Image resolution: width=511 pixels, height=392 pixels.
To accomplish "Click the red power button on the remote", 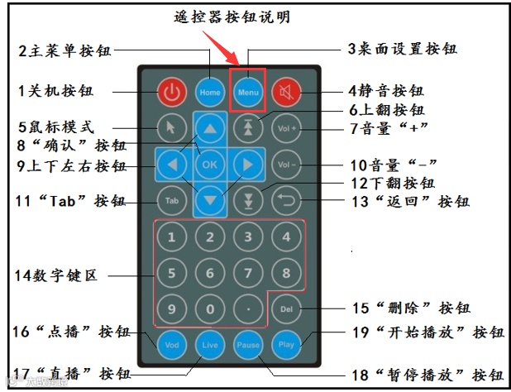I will pos(170,92).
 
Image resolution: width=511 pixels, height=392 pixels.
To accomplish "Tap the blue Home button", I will pos(210,92).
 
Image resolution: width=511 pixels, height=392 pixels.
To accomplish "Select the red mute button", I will pos(287,92).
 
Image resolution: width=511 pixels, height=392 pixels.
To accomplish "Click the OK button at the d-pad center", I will pos(210,164).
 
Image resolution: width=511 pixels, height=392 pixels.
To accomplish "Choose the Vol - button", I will pos(287,164).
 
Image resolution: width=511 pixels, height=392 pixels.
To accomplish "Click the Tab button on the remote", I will pos(170,200).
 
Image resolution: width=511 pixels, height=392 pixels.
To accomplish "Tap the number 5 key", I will pos(171,273).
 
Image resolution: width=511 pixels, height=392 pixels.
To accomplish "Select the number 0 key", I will pos(210,310).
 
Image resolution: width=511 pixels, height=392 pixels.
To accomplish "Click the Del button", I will pos(287,310).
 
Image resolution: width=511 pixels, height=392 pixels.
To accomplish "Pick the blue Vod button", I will pos(171,344).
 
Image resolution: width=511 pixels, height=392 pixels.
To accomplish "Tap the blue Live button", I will pos(210,344).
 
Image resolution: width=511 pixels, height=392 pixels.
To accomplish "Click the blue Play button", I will pos(287,344).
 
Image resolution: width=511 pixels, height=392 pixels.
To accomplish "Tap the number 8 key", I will pos(287,273).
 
